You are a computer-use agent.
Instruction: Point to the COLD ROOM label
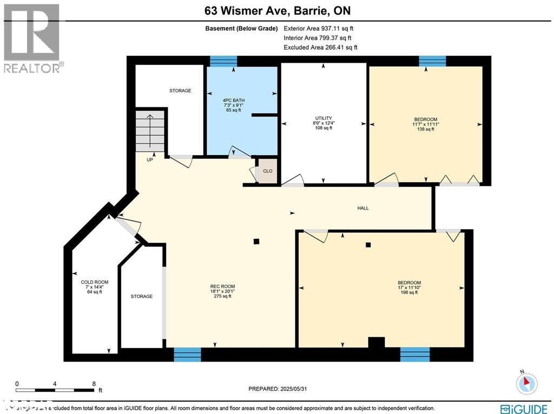click(x=95, y=287)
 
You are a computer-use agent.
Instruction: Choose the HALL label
click(x=363, y=208)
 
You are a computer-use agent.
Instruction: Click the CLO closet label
click(x=267, y=171)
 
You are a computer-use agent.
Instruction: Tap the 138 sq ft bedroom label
click(x=425, y=124)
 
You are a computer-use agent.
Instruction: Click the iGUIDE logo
click(x=524, y=409)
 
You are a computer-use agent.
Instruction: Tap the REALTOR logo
click(x=32, y=38)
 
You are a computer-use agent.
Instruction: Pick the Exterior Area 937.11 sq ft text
click(x=319, y=29)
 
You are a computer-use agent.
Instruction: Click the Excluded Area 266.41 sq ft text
click(x=320, y=48)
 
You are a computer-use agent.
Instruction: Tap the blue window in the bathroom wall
click(x=223, y=61)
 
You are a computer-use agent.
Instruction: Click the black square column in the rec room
click(x=256, y=242)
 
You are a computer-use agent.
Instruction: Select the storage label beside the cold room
click(x=142, y=296)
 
